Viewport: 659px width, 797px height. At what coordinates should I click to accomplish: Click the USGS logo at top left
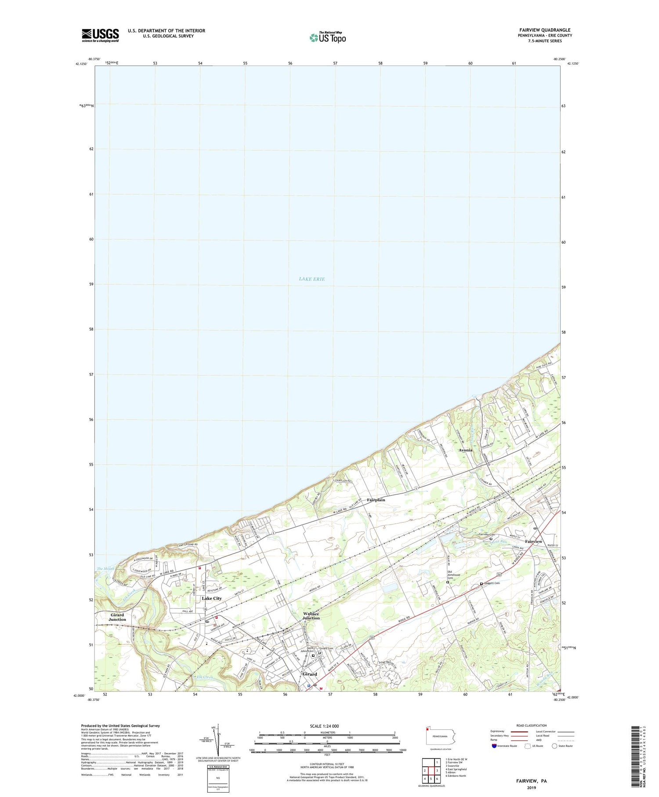(100, 35)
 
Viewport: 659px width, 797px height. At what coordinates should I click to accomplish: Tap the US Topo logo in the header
(327, 37)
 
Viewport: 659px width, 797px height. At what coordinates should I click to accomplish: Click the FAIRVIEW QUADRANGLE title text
(544, 30)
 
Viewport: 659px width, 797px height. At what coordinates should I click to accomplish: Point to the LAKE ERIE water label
(311, 279)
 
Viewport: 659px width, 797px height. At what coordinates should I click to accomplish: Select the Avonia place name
(465, 450)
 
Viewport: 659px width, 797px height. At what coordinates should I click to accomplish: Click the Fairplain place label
(376, 500)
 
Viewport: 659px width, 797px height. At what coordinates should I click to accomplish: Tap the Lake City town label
(212, 598)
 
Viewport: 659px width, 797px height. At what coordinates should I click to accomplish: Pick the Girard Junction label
(117, 617)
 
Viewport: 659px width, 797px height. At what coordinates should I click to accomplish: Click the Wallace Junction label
(311, 616)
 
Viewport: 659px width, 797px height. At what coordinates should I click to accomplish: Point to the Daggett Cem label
(491, 583)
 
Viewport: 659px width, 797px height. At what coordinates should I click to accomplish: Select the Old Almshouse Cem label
(453, 574)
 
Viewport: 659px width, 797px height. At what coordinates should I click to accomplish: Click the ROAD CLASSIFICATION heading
(532, 725)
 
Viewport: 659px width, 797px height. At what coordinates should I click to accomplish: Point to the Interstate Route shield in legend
(494, 746)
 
